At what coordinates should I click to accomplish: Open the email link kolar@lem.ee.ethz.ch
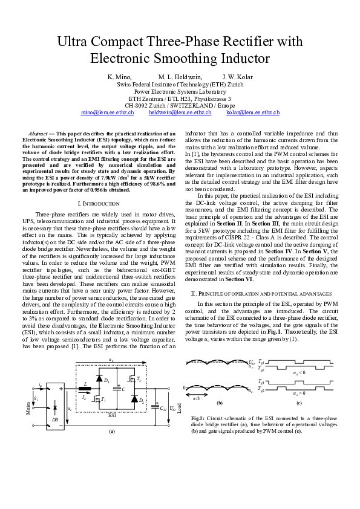(253, 112)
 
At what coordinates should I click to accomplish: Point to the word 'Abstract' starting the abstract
(41, 132)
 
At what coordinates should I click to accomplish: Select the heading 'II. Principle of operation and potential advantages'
(261, 293)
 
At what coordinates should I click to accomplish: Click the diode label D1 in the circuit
(106, 381)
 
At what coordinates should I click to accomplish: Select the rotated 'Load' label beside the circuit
(180, 406)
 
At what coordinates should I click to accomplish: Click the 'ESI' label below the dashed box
(111, 415)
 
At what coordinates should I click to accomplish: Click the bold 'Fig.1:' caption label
(198, 418)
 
